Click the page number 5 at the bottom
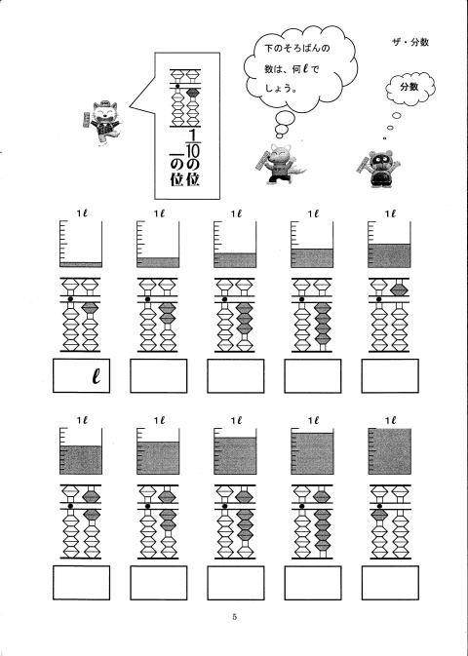[x=234, y=616]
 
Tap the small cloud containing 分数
[x=409, y=89]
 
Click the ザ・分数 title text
[x=410, y=42]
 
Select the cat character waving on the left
[x=103, y=122]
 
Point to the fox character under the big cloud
[x=280, y=163]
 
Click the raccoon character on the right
[x=379, y=169]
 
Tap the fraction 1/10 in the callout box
[x=193, y=143]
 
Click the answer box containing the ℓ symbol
[x=81, y=375]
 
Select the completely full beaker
[x=389, y=451]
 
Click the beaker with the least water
[x=81, y=245]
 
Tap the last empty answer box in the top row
[x=390, y=375]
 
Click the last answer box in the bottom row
[x=390, y=583]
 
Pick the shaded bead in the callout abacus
[x=192, y=93]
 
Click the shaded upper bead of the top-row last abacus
[x=399, y=289]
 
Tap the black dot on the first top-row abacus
[x=70, y=299]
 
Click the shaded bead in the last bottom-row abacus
[x=379, y=515]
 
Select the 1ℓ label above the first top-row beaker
[x=81, y=213]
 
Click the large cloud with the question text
[x=300, y=69]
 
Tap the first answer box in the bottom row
[x=81, y=583]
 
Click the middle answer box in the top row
[x=236, y=375]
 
